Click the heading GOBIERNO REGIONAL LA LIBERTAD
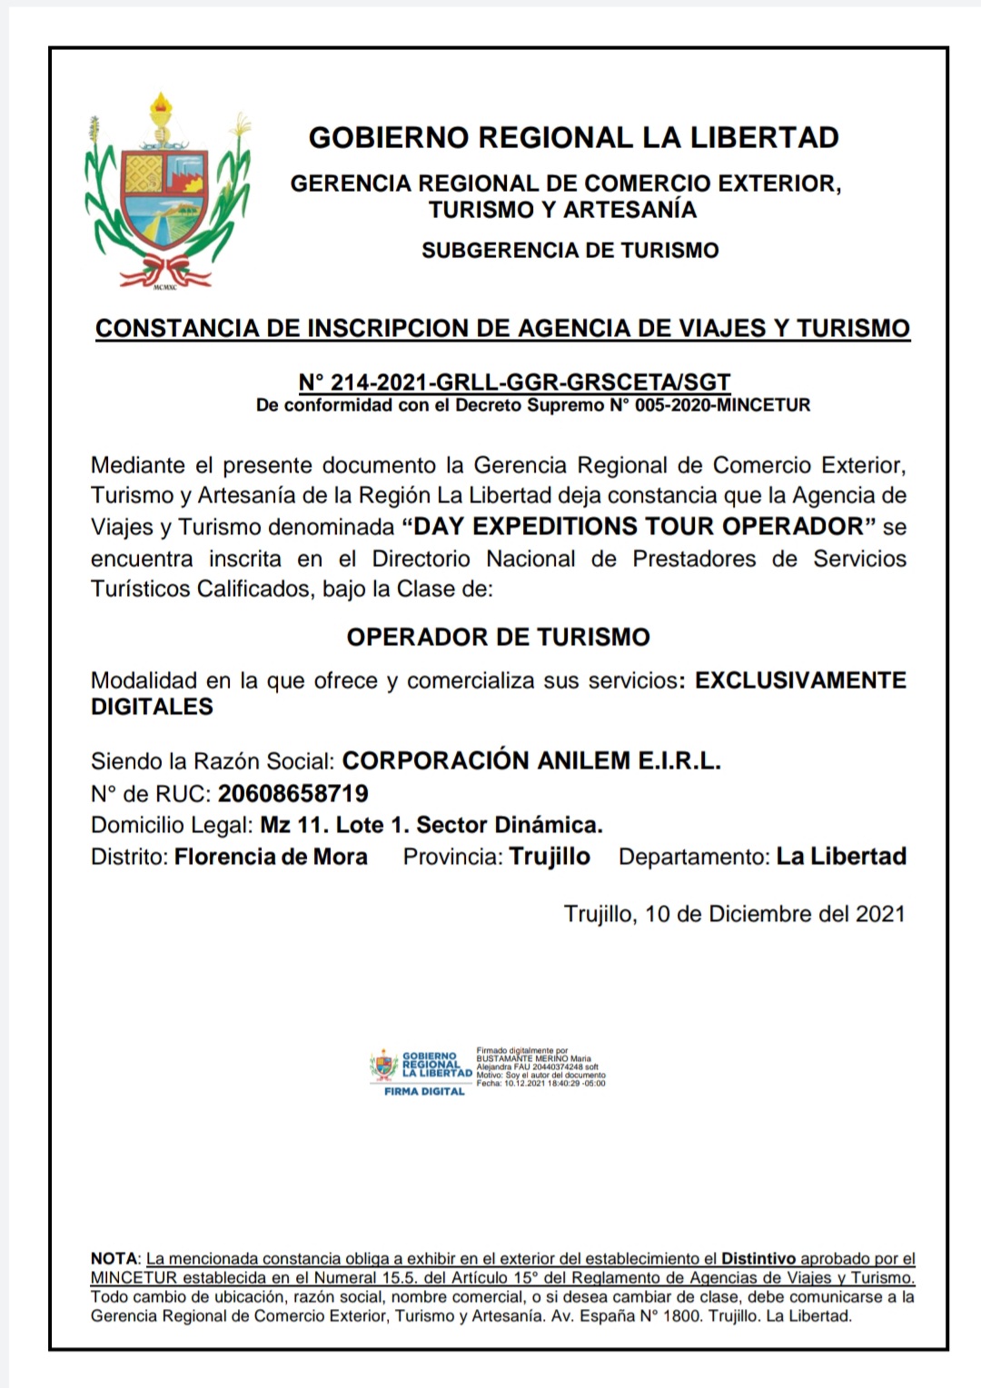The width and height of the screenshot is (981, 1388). (573, 138)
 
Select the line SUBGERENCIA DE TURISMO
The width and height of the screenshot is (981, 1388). (570, 251)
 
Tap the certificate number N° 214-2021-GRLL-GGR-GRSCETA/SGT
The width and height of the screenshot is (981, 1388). (514, 382)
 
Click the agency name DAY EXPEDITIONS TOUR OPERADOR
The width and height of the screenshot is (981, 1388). (637, 527)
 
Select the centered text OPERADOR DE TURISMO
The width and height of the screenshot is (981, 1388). (498, 637)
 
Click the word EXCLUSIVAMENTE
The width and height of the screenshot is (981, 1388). (800, 680)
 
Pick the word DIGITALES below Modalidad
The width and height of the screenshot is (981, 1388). (152, 708)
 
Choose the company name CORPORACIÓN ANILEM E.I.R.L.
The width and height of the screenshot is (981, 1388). (531, 761)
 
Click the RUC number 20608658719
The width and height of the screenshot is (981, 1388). (293, 794)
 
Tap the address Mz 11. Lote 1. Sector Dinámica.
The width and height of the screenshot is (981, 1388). (431, 826)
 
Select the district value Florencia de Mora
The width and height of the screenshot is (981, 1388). (271, 857)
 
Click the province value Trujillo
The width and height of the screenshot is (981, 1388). (550, 857)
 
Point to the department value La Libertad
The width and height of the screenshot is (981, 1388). (841, 857)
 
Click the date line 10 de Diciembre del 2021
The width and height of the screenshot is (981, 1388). (774, 914)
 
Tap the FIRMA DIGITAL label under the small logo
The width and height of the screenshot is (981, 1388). (424, 1091)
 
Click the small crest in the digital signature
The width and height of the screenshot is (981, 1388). (383, 1065)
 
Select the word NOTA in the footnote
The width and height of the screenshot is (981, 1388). (114, 1259)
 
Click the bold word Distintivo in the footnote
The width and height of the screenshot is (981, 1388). (758, 1259)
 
